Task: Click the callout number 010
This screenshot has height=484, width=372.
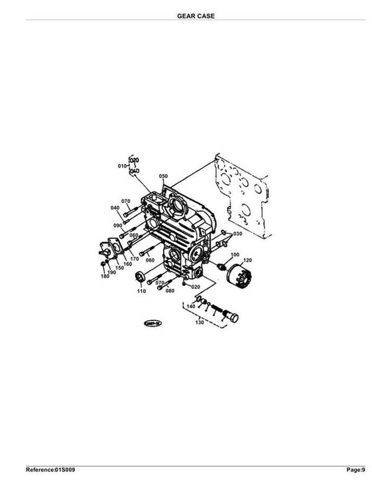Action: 122,166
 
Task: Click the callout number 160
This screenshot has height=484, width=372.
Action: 127,264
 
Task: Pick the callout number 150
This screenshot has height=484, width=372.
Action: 119,268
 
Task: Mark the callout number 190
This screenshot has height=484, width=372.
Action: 112,272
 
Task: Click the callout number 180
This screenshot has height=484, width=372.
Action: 105,276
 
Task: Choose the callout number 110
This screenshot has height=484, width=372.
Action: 141,290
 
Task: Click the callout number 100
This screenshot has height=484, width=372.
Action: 235,255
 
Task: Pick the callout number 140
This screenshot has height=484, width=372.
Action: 190,306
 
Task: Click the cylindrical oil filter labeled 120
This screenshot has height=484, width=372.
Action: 238,275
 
